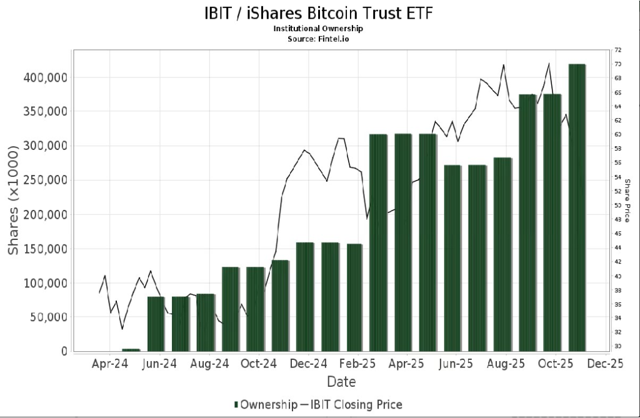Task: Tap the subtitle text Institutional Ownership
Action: (318, 29)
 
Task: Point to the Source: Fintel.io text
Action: (318, 38)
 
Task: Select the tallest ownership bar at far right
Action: (577, 206)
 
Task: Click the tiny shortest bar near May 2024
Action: (131, 350)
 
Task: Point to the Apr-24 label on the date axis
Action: (109, 364)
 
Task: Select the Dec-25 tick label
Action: (605, 364)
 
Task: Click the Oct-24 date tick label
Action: (258, 364)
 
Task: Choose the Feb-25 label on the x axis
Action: (357, 364)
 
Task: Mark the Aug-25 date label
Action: (506, 364)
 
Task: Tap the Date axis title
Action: (341, 381)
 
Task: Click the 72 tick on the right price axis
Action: (618, 50)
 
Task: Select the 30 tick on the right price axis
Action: (618, 347)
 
